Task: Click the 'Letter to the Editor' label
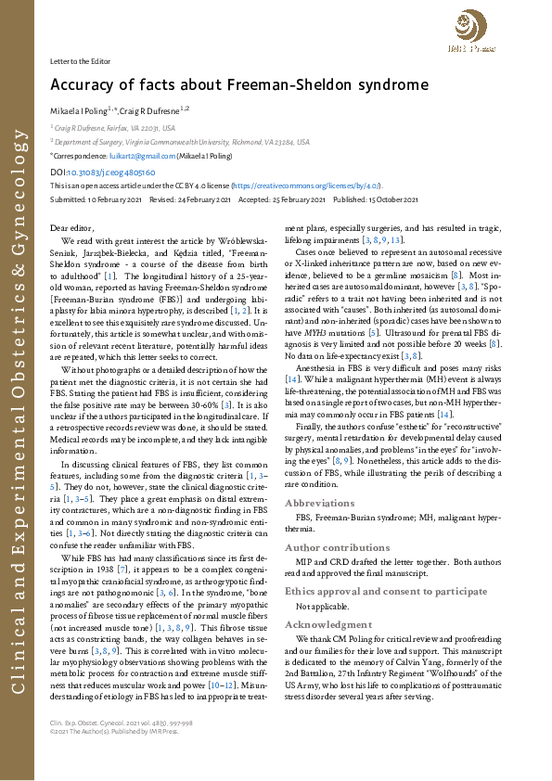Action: point(80,60)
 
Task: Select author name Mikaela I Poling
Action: point(80,110)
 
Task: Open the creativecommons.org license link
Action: point(306,186)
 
